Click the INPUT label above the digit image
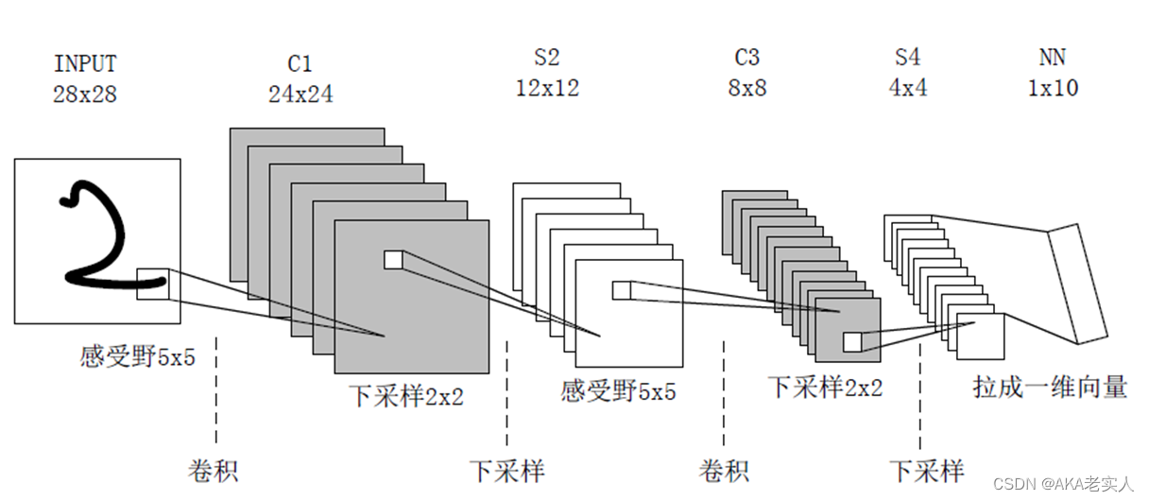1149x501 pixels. pyautogui.click(x=85, y=64)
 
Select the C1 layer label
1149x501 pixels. pyautogui.click(x=300, y=64)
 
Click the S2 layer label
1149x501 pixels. pyautogui.click(x=546, y=58)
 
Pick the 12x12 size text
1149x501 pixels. pyautogui.click(x=547, y=88)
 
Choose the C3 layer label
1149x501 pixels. pyautogui.click(x=746, y=58)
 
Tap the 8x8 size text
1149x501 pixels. pyautogui.click(x=746, y=88)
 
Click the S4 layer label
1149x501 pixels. pyautogui.click(x=907, y=58)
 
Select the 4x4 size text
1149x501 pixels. pyautogui.click(x=907, y=88)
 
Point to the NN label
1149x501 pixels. pyautogui.click(x=1053, y=58)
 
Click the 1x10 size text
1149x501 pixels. pyautogui.click(x=1053, y=88)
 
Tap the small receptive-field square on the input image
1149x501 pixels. pyautogui.click(x=152, y=284)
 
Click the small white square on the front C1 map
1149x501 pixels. pyautogui.click(x=393, y=259)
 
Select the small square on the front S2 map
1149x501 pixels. pyautogui.click(x=621, y=290)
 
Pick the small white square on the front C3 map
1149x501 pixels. pyautogui.click(x=852, y=341)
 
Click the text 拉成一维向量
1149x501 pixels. pyautogui.click(x=1050, y=387)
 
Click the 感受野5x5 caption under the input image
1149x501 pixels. pyautogui.click(x=138, y=357)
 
